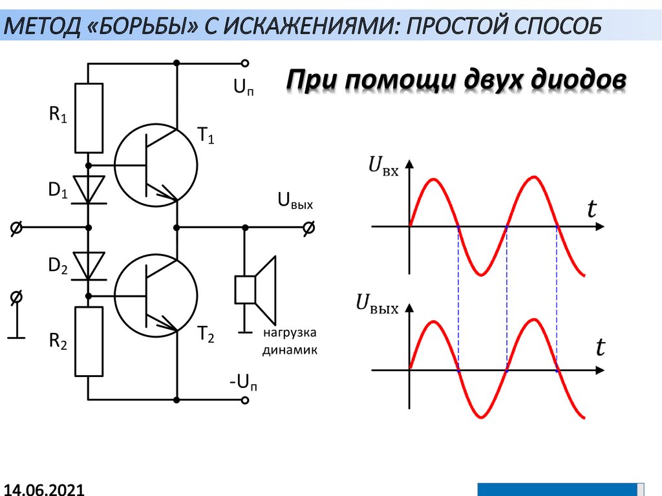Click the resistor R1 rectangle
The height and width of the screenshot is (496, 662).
(x=89, y=118)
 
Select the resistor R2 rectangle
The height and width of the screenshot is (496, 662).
(x=89, y=341)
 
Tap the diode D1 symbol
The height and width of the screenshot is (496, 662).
(x=89, y=189)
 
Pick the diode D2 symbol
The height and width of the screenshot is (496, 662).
(x=89, y=265)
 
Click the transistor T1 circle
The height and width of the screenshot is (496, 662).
(x=156, y=166)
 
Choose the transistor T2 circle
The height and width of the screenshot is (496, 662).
(x=156, y=296)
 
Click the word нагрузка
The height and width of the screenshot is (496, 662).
(x=289, y=334)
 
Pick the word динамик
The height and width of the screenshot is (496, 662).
(x=290, y=351)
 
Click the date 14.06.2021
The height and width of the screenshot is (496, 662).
(x=43, y=488)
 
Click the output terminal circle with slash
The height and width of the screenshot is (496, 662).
(x=310, y=228)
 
